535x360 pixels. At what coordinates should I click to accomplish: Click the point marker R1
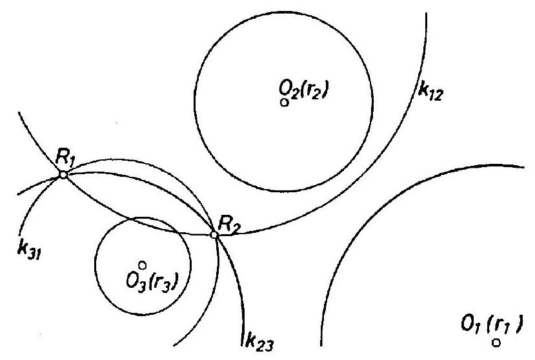(x=63, y=174)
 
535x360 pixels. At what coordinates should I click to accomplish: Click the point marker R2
(x=216, y=235)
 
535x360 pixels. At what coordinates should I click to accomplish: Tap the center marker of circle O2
(x=283, y=102)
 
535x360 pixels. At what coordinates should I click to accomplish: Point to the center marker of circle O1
(x=496, y=342)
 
